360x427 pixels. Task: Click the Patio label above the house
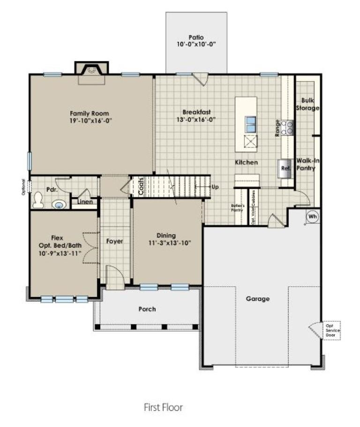click(x=196, y=37)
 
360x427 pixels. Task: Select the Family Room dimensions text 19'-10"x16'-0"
click(x=90, y=121)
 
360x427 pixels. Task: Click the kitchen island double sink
click(x=251, y=124)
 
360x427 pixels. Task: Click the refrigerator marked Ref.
click(x=285, y=168)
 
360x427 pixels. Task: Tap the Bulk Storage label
click(x=309, y=104)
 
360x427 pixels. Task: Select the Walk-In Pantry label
click(x=305, y=164)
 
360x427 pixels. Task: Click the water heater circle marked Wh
click(x=313, y=217)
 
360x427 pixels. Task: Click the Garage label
click(x=258, y=298)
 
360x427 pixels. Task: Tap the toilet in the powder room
click(x=37, y=201)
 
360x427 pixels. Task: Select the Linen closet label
click(x=85, y=202)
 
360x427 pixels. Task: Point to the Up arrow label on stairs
click(x=215, y=186)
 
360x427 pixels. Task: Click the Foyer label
click(x=114, y=241)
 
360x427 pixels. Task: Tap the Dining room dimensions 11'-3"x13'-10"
click(x=166, y=243)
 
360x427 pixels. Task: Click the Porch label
click(x=147, y=309)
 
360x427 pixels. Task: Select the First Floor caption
click(x=163, y=407)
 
